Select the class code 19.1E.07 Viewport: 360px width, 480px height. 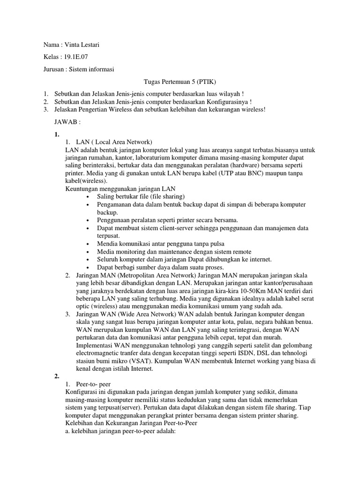[x=76, y=57]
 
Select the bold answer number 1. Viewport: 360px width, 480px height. [x=57, y=135]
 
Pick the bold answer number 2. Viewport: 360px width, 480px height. [x=57, y=376]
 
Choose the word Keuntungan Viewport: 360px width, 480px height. [x=83, y=188]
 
